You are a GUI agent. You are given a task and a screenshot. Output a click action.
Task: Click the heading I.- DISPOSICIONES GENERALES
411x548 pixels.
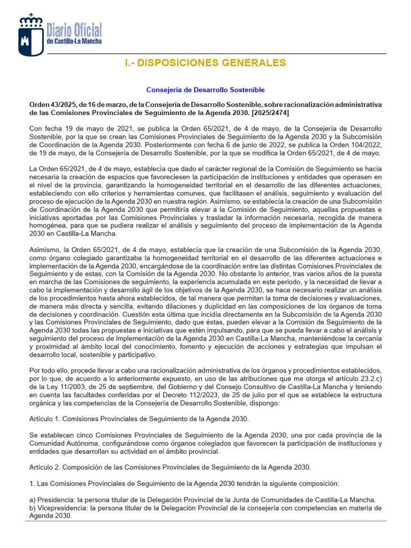(205, 63)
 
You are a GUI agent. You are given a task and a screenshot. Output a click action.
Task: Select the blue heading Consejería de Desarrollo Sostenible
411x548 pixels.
(205, 90)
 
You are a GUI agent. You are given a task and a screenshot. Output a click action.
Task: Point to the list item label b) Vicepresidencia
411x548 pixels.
(58, 508)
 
